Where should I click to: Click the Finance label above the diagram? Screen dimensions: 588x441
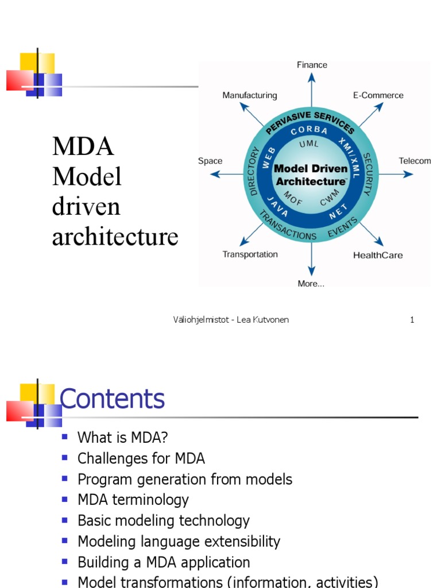(312, 65)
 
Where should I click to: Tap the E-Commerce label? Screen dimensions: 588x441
(378, 95)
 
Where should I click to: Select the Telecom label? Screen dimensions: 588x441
(415, 161)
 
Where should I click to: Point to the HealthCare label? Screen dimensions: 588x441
(377, 255)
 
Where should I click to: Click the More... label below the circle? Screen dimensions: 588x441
(311, 284)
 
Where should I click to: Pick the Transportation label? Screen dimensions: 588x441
(250, 254)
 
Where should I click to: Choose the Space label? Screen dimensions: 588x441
(210, 161)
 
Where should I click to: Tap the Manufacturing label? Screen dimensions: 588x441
(249, 95)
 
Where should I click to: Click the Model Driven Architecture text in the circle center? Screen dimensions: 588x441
(311, 175)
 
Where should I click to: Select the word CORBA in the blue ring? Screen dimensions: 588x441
(310, 131)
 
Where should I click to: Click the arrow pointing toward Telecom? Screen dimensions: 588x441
(396, 175)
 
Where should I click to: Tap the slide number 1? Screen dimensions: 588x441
(412, 320)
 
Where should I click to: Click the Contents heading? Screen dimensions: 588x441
(112, 399)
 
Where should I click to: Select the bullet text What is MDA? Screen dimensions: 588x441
(122, 438)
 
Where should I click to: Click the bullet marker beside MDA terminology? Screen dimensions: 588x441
(65, 499)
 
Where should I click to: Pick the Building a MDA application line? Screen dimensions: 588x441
(164, 562)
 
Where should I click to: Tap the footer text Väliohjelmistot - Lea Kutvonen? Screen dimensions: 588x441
(231, 320)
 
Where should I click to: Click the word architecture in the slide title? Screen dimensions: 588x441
(115, 237)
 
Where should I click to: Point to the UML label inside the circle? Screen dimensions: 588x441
(310, 144)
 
